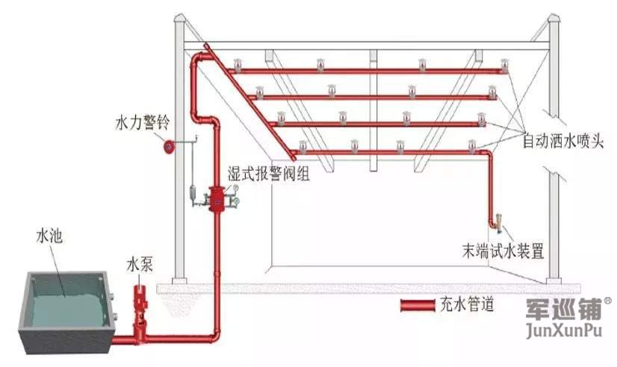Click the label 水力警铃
(140, 121)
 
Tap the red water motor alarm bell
(170, 147)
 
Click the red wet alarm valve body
(217, 198)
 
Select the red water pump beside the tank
(140, 306)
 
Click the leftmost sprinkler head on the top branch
(238, 64)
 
